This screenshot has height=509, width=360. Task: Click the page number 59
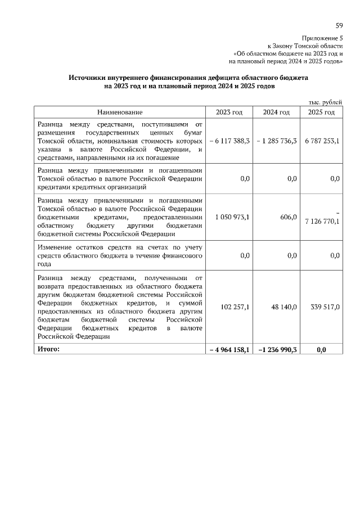[x=339, y=26]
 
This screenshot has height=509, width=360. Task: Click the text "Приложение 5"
[x=325, y=37]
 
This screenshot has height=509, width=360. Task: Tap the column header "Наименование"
[x=119, y=112]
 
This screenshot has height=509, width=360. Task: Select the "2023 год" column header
[x=229, y=112]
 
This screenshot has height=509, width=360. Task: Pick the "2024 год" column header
[x=276, y=112]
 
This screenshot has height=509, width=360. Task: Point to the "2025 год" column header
[x=321, y=112]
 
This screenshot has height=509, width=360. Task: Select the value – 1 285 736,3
[x=276, y=141]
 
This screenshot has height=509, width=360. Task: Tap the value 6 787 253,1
[x=322, y=141]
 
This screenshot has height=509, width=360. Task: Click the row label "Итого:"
[x=48, y=349]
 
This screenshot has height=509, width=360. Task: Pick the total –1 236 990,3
[x=277, y=350]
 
